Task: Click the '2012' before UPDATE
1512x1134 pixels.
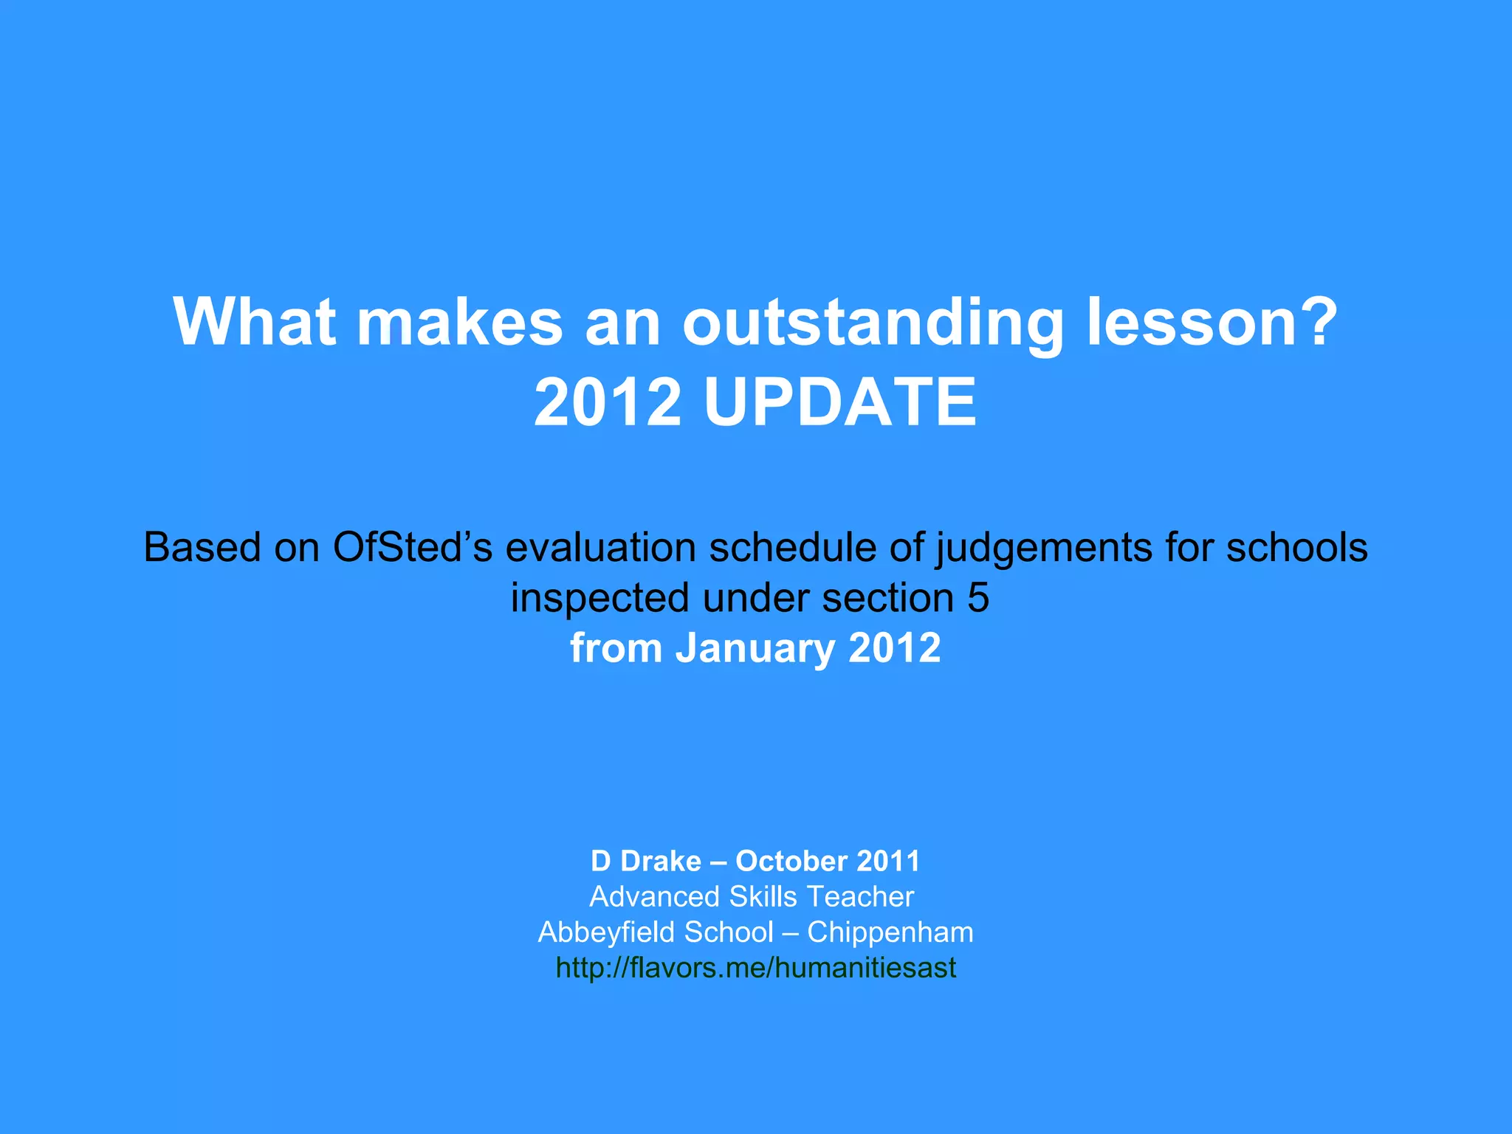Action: (x=607, y=402)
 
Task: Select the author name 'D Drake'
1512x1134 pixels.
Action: (x=645, y=862)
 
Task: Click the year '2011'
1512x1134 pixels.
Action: (x=888, y=862)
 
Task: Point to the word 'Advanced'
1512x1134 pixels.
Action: (x=654, y=897)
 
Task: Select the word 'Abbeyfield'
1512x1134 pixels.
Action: (x=605, y=932)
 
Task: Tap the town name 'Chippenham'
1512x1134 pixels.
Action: (x=890, y=932)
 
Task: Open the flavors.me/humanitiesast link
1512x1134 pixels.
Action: (x=755, y=968)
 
